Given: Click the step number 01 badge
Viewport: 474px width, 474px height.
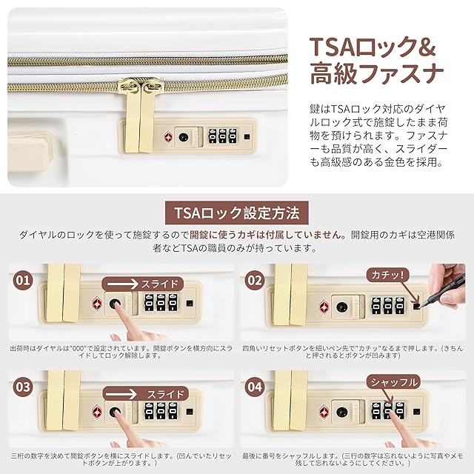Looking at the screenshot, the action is click(23, 280).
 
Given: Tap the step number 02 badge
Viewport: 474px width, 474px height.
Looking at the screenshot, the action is click(255, 280).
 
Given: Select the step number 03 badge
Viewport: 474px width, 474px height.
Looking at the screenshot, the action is click(23, 387).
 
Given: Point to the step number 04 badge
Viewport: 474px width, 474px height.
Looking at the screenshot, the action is click(255, 387).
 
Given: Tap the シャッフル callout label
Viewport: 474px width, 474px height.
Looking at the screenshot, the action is click(393, 382).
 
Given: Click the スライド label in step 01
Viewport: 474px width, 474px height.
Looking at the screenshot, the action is click(160, 284).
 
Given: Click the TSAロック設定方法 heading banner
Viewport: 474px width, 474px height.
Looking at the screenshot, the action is click(237, 213).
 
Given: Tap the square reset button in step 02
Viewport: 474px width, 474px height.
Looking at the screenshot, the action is click(416, 307).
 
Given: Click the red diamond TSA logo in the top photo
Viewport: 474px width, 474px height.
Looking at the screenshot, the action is click(168, 137).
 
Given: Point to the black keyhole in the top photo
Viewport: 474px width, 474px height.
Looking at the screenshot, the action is click(183, 137).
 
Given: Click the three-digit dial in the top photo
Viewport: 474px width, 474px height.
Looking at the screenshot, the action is click(223, 136).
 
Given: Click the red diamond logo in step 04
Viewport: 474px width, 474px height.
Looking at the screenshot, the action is click(324, 412).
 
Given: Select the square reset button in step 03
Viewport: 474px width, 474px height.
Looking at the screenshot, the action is click(190, 412).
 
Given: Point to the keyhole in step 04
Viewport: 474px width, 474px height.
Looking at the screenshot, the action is click(342, 412).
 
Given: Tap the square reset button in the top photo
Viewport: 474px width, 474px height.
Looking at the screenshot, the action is click(247, 136).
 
